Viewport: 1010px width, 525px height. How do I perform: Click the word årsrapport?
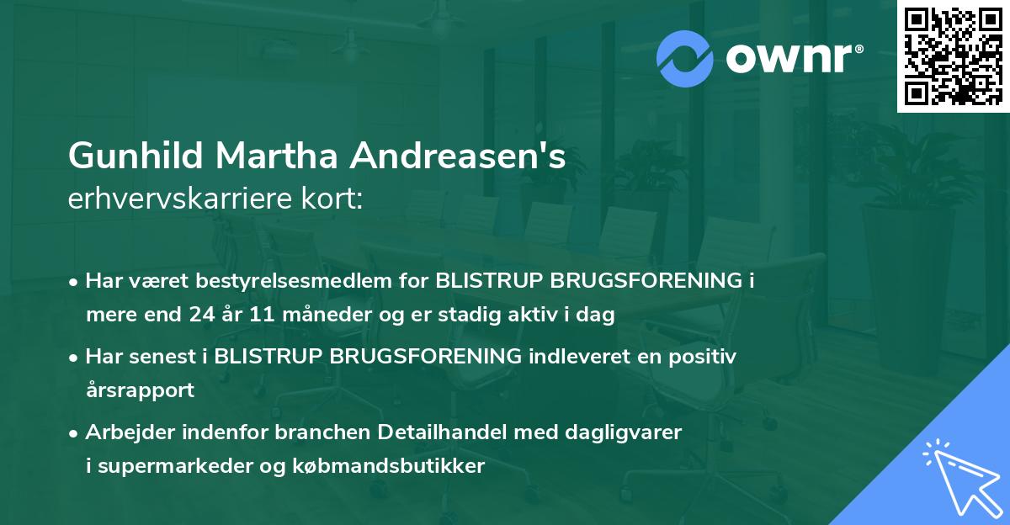tap(140, 390)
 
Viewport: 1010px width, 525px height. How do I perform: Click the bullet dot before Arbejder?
tap(74, 433)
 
